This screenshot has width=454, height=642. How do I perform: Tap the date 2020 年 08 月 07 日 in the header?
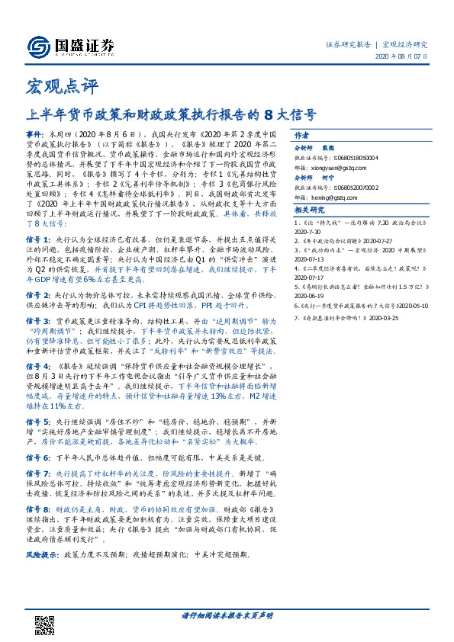click(x=403, y=57)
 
